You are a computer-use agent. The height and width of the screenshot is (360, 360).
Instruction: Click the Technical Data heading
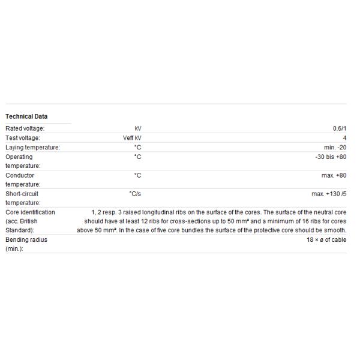click(26, 116)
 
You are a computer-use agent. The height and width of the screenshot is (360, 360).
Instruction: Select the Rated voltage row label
click(25, 128)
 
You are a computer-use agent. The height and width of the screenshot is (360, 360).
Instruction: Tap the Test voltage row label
click(23, 138)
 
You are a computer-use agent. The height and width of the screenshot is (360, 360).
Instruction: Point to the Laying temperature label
click(32, 148)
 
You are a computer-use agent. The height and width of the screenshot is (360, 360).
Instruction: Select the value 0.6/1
click(340, 128)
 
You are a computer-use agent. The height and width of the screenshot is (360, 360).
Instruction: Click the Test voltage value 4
click(344, 138)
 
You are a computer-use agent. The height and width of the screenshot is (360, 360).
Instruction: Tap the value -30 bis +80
click(329, 157)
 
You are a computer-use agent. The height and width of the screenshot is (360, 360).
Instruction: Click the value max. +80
click(334, 175)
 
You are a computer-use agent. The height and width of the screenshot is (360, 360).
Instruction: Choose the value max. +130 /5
click(329, 194)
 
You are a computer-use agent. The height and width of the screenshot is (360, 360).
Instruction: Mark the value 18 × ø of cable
click(326, 239)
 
